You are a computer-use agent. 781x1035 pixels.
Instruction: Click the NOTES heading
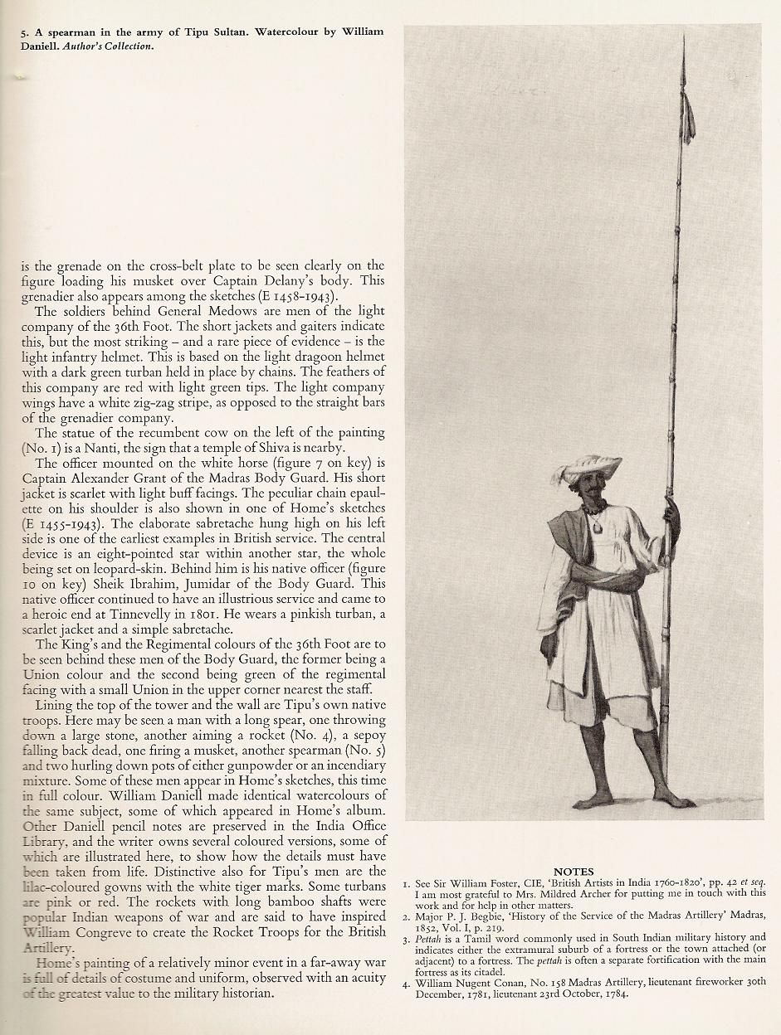[574, 871]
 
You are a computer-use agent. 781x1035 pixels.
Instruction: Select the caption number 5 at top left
[25, 32]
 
